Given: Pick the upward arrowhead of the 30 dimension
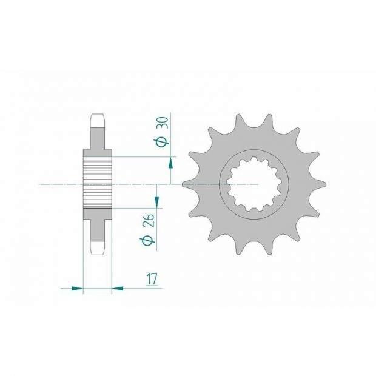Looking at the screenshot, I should (171, 162).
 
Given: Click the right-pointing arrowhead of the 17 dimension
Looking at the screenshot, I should (77, 288).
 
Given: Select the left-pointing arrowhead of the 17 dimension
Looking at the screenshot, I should (118, 288).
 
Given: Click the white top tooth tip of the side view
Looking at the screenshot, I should (98, 121).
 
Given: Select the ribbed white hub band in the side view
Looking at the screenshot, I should (97, 182).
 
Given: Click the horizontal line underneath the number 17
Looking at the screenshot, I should (139, 288).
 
